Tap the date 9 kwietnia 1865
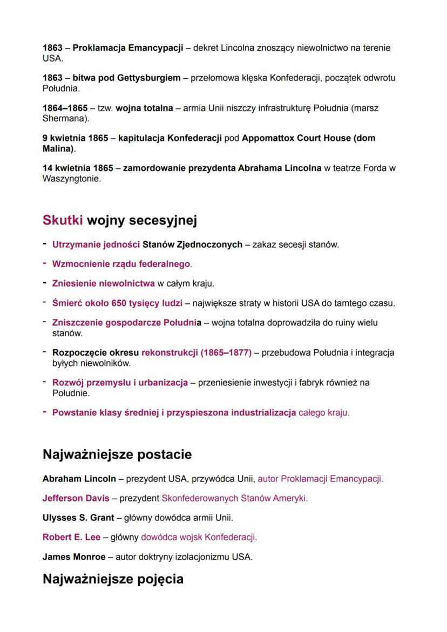75,138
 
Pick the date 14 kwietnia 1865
78,168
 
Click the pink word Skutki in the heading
63,220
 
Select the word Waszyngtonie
71,179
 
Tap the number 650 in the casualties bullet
119,303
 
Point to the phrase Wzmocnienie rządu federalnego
121,264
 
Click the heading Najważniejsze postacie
117,454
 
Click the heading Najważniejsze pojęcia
113,579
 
